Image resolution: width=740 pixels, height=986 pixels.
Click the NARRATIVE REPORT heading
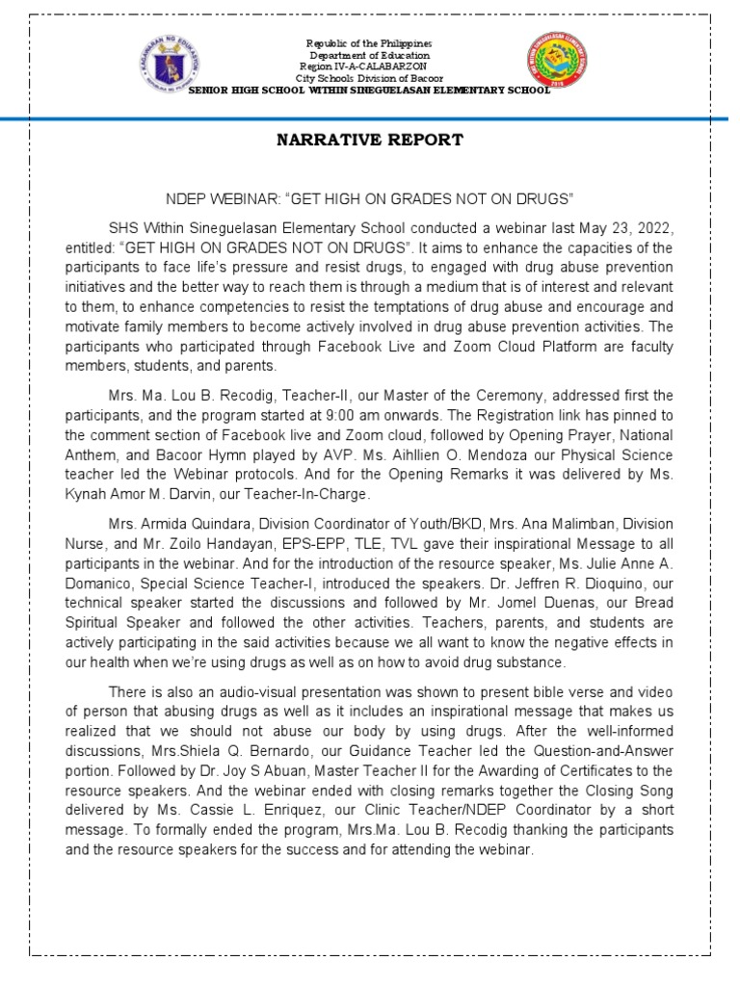pyautogui.click(x=370, y=140)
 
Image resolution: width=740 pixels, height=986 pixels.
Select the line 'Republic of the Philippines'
pyautogui.click(x=369, y=44)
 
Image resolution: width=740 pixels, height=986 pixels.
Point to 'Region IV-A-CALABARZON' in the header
pyautogui.click(x=370, y=66)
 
